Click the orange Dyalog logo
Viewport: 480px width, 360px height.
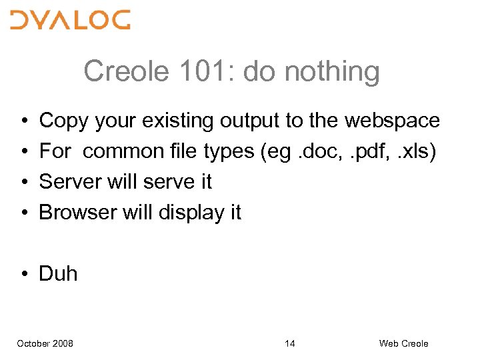[70, 21]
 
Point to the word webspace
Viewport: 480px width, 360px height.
[392, 121]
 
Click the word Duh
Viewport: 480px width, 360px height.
[59, 273]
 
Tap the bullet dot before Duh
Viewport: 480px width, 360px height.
[23, 274]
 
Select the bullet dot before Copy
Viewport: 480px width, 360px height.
[23, 121]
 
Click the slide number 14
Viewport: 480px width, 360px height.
[290, 343]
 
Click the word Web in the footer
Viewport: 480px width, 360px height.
[388, 343]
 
